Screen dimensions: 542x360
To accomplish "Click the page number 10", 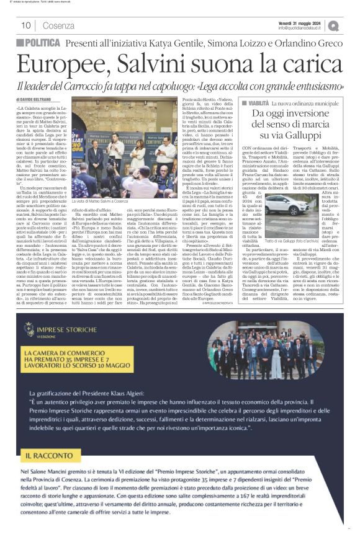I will (27, 25).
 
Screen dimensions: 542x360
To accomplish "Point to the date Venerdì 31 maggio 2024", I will (303, 22).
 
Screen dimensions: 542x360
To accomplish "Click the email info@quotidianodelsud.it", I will (302, 28).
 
